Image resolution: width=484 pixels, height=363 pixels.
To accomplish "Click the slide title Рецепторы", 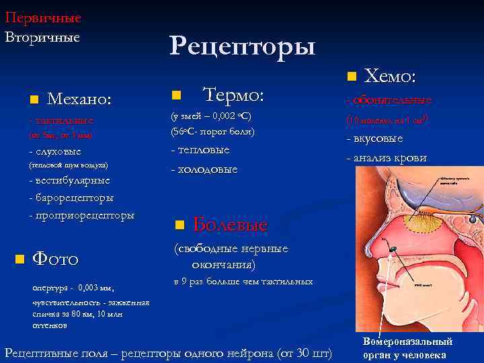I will point(242,46).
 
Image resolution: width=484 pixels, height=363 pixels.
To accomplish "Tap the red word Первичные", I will point(43,17).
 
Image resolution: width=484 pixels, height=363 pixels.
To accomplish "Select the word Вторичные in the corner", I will point(42,36).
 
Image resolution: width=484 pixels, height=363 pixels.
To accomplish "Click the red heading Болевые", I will point(230,225).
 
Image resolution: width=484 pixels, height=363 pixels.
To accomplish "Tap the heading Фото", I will point(56,258).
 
